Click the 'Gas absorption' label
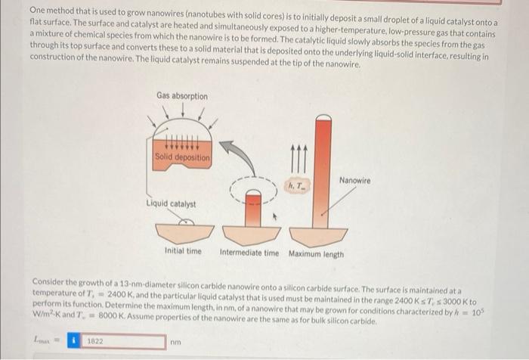182,96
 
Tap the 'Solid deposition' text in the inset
182,157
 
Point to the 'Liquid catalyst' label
171,203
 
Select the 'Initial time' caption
183,252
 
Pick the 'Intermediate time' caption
249,253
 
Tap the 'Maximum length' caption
316,253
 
